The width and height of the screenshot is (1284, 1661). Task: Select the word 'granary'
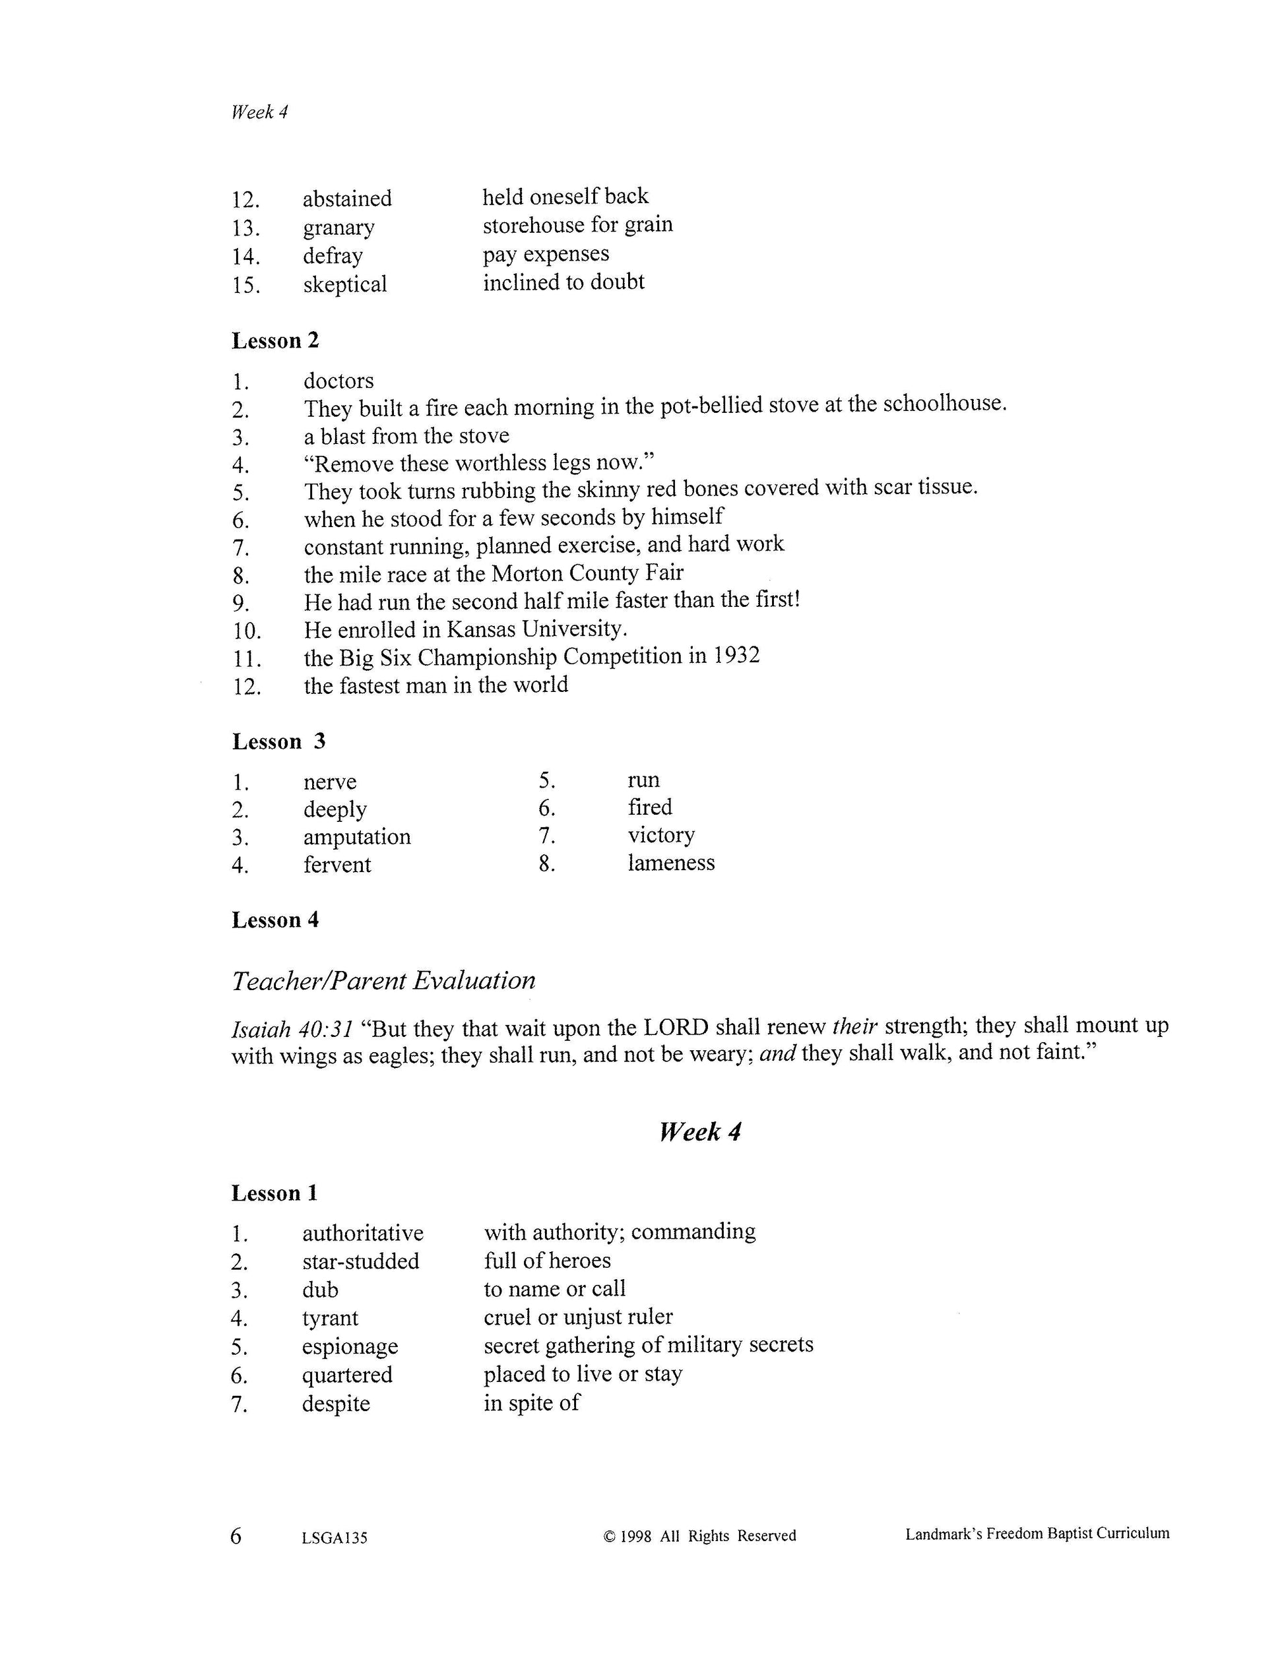point(338,228)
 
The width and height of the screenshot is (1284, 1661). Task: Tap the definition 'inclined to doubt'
point(563,282)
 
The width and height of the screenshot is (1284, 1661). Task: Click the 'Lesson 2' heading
point(275,341)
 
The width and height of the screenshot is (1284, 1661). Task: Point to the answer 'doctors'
point(338,380)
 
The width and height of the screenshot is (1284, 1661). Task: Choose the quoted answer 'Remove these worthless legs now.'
point(479,463)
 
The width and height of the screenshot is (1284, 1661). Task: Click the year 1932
point(736,656)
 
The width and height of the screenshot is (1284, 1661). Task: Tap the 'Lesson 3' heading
point(278,741)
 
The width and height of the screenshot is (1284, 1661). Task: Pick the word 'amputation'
point(357,836)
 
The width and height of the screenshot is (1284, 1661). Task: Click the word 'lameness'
point(671,862)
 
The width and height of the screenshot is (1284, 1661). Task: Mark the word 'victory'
point(661,835)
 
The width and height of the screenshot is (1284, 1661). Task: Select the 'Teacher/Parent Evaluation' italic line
point(383,980)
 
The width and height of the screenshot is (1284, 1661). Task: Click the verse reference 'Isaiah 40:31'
point(292,1030)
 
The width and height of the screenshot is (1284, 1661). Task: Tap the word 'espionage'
point(350,1346)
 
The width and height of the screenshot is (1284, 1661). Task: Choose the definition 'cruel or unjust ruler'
point(578,1317)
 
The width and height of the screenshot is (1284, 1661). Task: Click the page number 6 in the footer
point(236,1536)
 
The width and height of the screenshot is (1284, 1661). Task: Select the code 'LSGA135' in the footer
point(335,1538)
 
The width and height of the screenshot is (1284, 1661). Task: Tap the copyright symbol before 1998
point(608,1536)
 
